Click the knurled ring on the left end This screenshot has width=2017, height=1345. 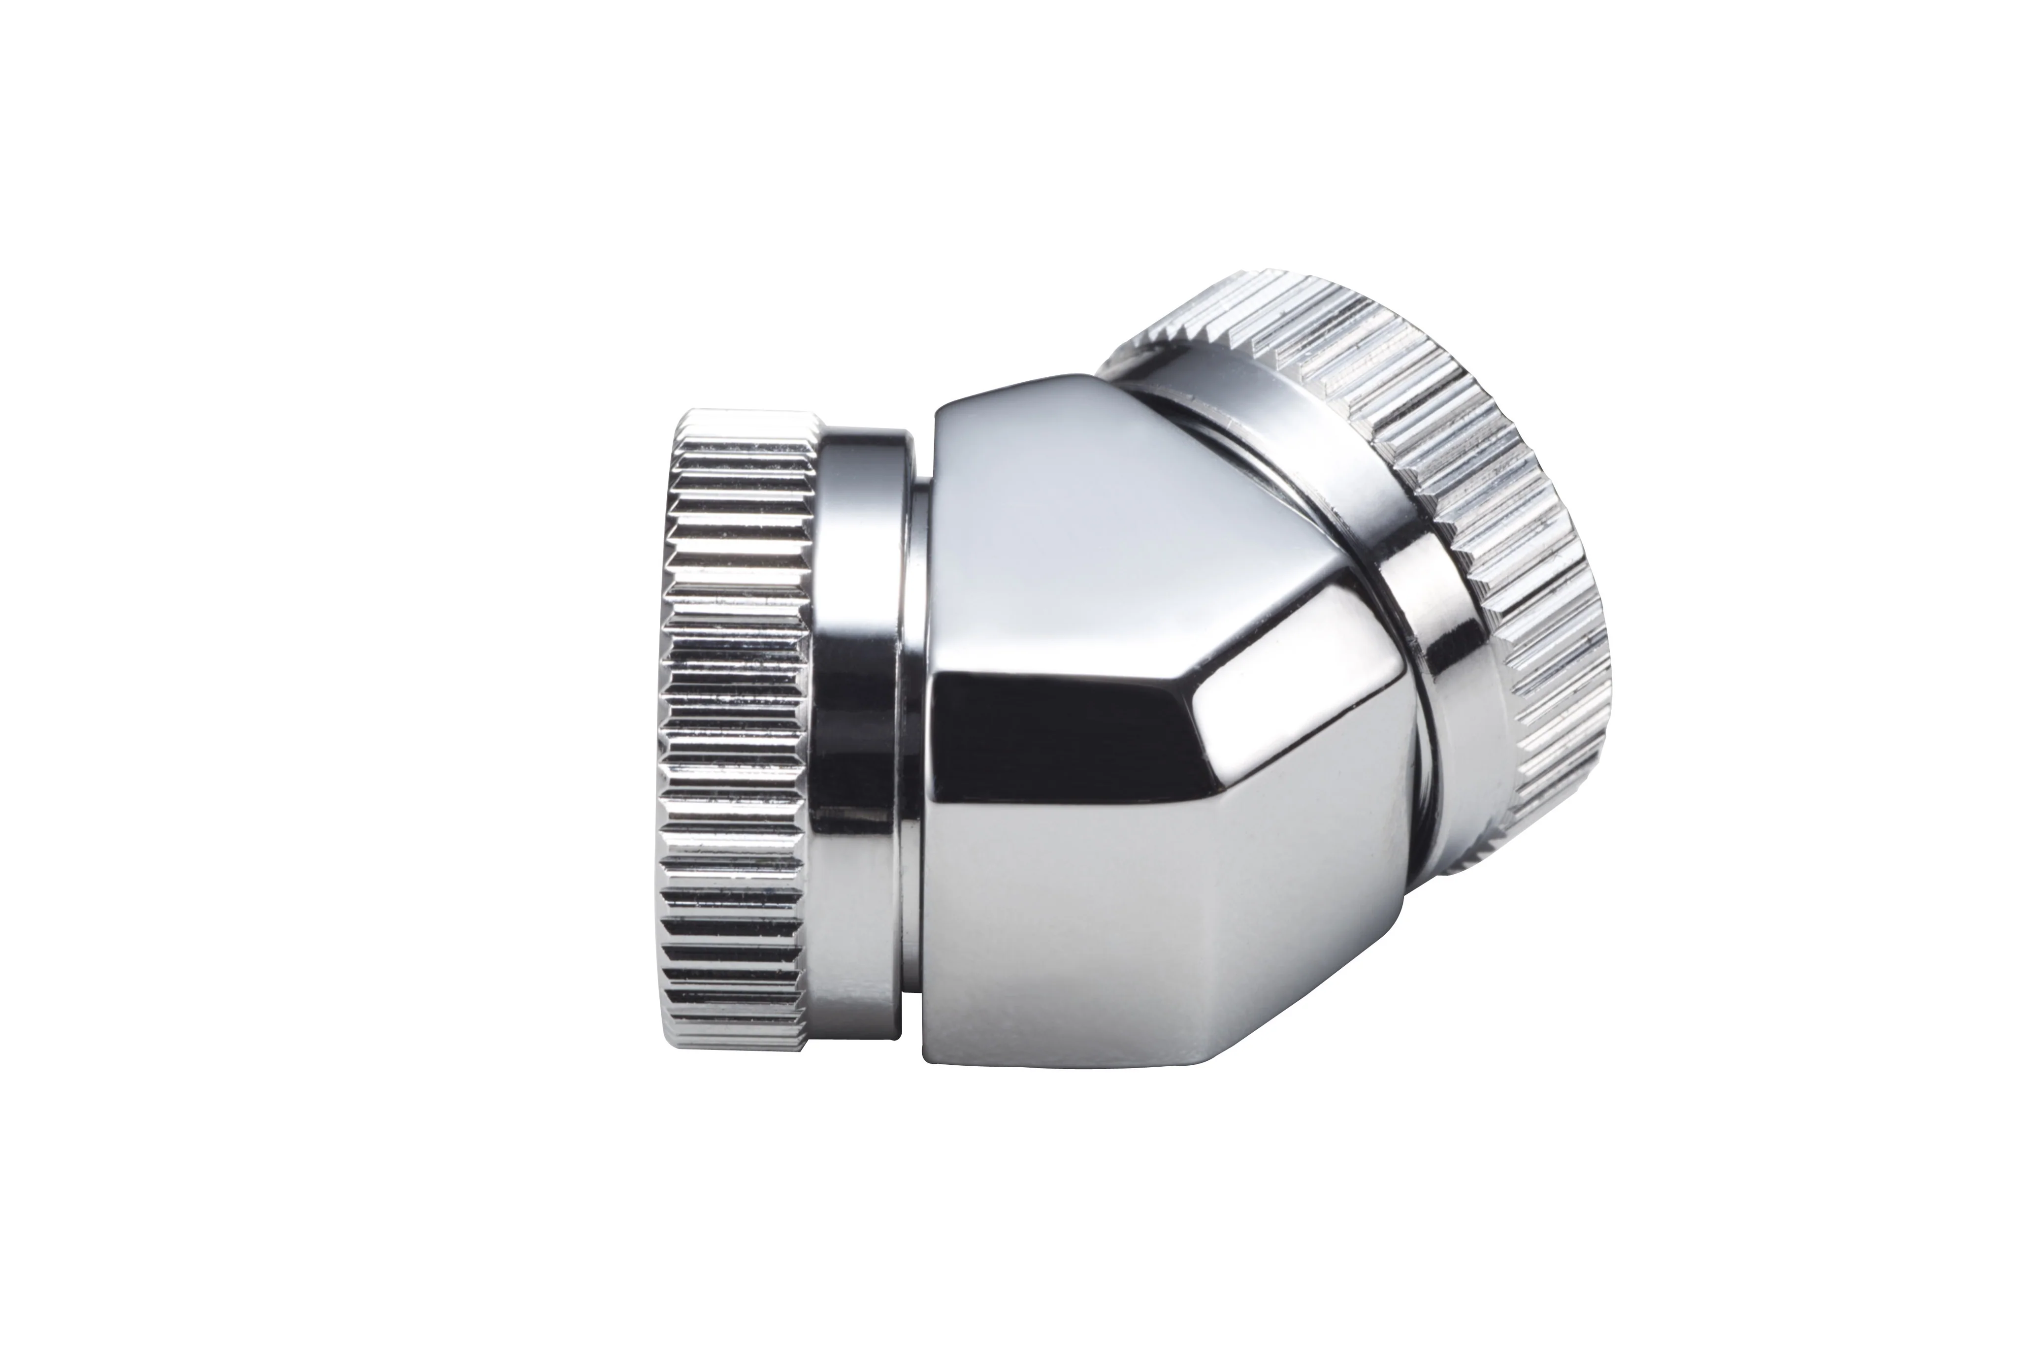click(733, 729)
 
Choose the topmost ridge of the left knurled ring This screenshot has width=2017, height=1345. click(746, 416)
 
